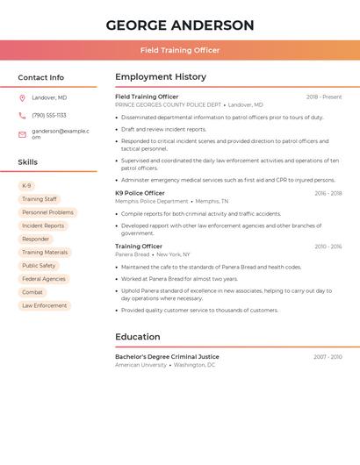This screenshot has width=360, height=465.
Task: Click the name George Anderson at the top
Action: coord(180,25)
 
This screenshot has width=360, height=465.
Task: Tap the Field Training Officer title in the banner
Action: coord(180,50)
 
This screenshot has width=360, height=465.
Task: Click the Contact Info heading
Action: coord(41,77)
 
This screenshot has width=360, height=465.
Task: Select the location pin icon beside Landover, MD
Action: coord(22,97)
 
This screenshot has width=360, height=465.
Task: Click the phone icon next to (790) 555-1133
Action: coord(22,115)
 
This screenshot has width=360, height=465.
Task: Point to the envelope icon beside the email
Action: coord(22,134)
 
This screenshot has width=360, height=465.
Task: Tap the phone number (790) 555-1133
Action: coord(49,115)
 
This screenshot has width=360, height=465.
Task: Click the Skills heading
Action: coord(28,162)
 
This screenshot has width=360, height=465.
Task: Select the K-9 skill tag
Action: coord(26,186)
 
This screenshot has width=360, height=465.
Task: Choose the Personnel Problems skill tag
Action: coord(47,212)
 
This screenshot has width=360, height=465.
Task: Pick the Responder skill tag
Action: coord(35,239)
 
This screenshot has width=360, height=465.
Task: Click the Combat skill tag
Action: coord(32,292)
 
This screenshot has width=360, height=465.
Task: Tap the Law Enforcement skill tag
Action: coord(44,305)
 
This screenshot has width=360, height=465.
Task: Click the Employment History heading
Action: coord(161,77)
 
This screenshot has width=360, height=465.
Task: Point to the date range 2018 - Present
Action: coord(324,97)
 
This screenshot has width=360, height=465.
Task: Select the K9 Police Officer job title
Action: coord(140,193)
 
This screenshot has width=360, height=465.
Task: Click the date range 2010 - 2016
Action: coord(328,247)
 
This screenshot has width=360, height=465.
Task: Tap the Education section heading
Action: coord(138,337)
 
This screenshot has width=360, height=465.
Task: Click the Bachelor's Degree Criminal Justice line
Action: coord(167,357)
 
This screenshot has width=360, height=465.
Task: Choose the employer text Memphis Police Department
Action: coord(152,201)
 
